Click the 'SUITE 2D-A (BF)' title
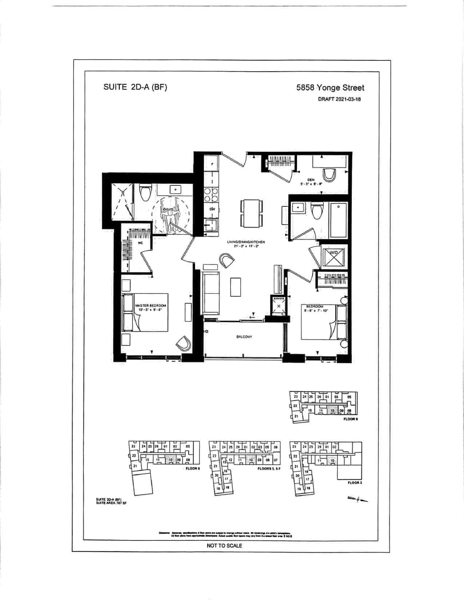135,87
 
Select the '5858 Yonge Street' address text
330,88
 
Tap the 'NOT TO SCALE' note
224,545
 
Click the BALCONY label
244,337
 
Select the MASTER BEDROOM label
151,305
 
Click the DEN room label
311,180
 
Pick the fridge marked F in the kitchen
211,164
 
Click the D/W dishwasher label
211,209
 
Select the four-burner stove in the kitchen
211,195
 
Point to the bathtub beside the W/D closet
338,220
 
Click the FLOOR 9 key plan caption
351,419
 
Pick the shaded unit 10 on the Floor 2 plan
332,461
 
